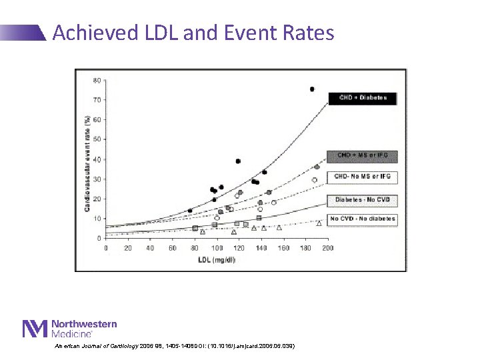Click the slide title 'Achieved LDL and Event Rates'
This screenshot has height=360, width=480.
coord(193,32)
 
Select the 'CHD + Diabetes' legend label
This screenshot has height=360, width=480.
coord(362,98)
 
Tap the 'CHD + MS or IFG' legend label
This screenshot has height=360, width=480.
coord(362,156)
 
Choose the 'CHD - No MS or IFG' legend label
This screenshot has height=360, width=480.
coord(362,176)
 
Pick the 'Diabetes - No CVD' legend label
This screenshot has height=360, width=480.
coord(362,200)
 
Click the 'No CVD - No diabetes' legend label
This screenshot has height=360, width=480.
coord(362,219)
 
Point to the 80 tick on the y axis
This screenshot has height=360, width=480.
coord(97,81)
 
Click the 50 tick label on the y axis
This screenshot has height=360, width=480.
coord(97,139)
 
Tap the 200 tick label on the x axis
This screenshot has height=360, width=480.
coord(327,248)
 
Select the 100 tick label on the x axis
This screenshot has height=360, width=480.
coord(217,248)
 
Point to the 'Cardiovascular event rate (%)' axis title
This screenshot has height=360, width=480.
coord(87,163)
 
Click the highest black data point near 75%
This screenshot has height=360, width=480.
coord(311,89)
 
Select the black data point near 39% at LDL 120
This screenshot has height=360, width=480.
coord(238,161)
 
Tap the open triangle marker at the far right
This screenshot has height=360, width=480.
coord(319,223)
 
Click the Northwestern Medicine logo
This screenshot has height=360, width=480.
coord(70,328)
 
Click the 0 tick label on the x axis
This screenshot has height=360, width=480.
coord(106,248)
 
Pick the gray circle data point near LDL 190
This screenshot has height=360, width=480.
coord(317,167)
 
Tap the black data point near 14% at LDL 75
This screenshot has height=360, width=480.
coord(190,211)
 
